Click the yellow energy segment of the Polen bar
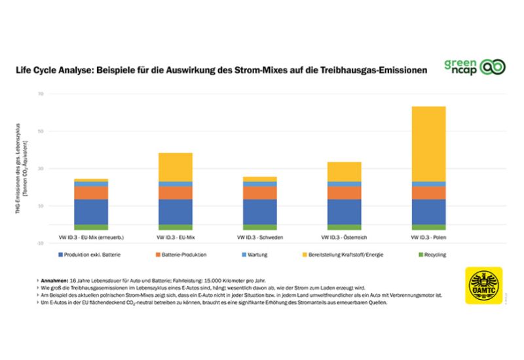[x=428, y=143]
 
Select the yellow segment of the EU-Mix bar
[x=176, y=167]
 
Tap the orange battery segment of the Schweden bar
[x=260, y=192]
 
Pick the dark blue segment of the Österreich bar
[x=344, y=211]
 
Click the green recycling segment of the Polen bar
[x=428, y=227]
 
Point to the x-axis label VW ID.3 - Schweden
[x=260, y=236]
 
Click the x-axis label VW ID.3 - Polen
[x=428, y=236]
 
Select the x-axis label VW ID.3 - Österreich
[x=344, y=236]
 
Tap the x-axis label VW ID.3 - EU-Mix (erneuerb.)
[x=91, y=236]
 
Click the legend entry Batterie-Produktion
[x=184, y=254]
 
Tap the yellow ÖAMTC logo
[x=483, y=285]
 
